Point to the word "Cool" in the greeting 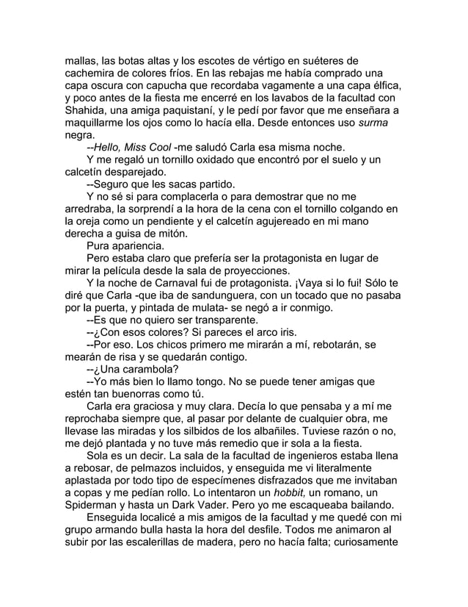coord(156,146)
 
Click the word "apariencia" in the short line coord(138,245)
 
